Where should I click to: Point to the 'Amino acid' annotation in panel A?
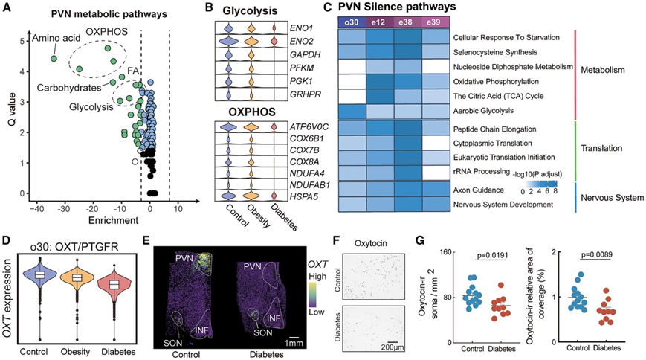tap(50, 39)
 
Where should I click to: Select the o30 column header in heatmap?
tap(354, 22)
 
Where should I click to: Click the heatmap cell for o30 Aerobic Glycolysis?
tap(354, 110)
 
